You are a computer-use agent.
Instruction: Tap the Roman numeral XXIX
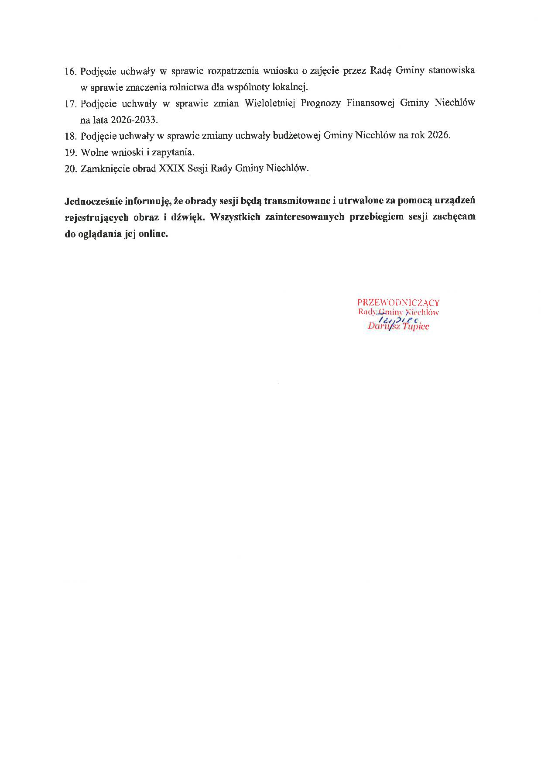(x=171, y=168)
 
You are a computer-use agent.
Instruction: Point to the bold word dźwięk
(x=187, y=217)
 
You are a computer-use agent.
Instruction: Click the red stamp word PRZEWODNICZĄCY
(x=398, y=302)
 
